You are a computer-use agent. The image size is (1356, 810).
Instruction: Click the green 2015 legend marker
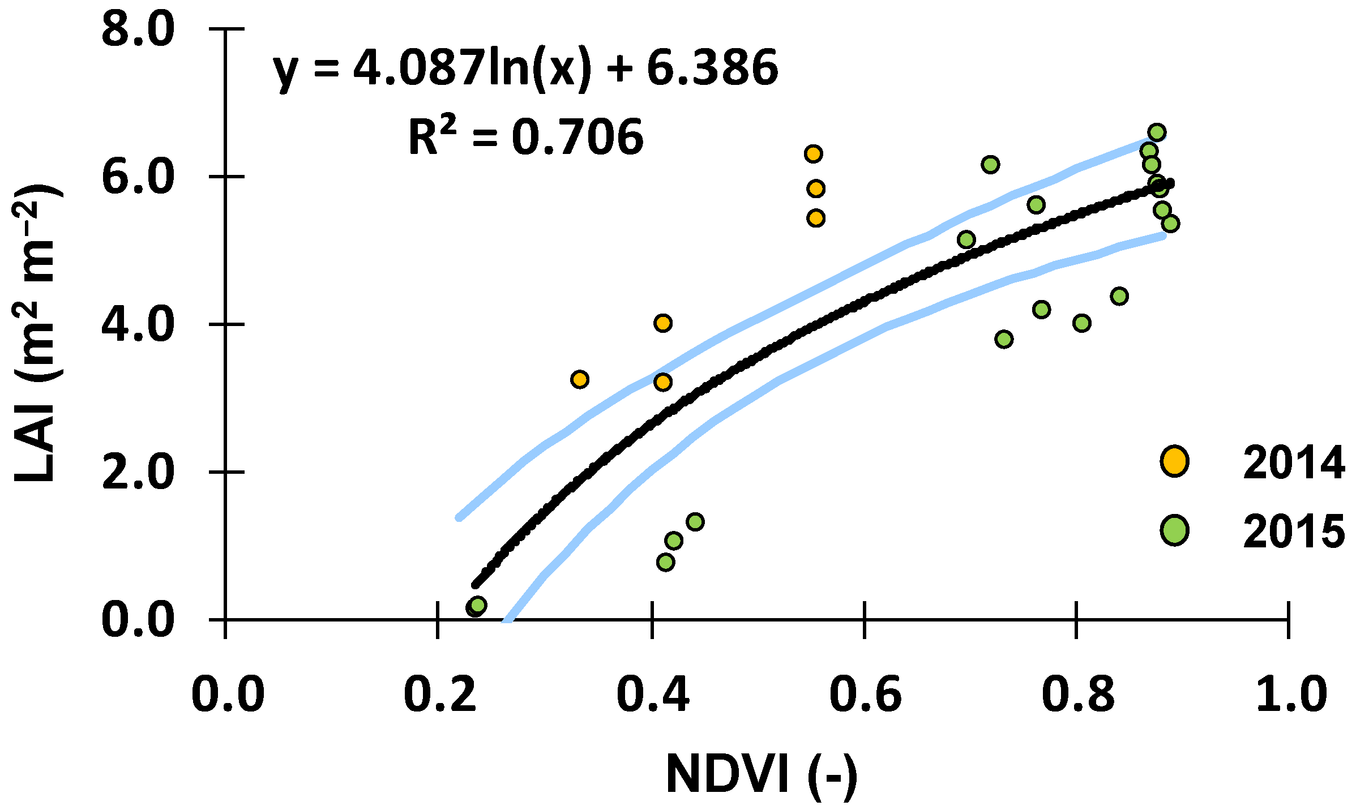click(1174, 530)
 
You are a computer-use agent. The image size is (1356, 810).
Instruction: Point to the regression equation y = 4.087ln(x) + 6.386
click(525, 69)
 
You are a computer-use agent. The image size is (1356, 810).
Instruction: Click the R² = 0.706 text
click(525, 138)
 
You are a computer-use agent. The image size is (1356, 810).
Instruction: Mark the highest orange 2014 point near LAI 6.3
click(813, 154)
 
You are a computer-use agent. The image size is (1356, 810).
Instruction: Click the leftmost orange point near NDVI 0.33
click(579, 379)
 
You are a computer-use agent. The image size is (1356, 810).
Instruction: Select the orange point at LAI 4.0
click(662, 323)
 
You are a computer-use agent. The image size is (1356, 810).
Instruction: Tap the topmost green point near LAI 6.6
click(1157, 132)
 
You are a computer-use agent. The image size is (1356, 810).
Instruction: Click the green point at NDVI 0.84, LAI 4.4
click(1119, 296)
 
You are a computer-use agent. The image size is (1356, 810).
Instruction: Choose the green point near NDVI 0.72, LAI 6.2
click(990, 165)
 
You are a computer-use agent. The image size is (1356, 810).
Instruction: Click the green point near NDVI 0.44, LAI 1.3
click(695, 521)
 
